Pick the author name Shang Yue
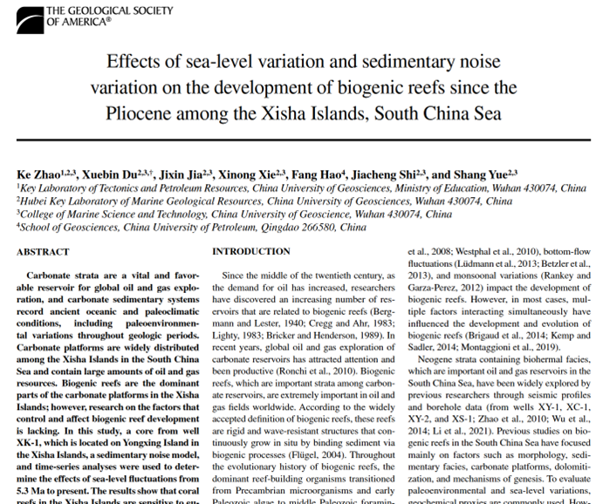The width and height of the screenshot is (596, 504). tap(486, 174)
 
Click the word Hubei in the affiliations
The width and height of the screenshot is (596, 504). tap(36, 201)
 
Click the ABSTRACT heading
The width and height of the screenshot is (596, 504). tap(43, 252)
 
